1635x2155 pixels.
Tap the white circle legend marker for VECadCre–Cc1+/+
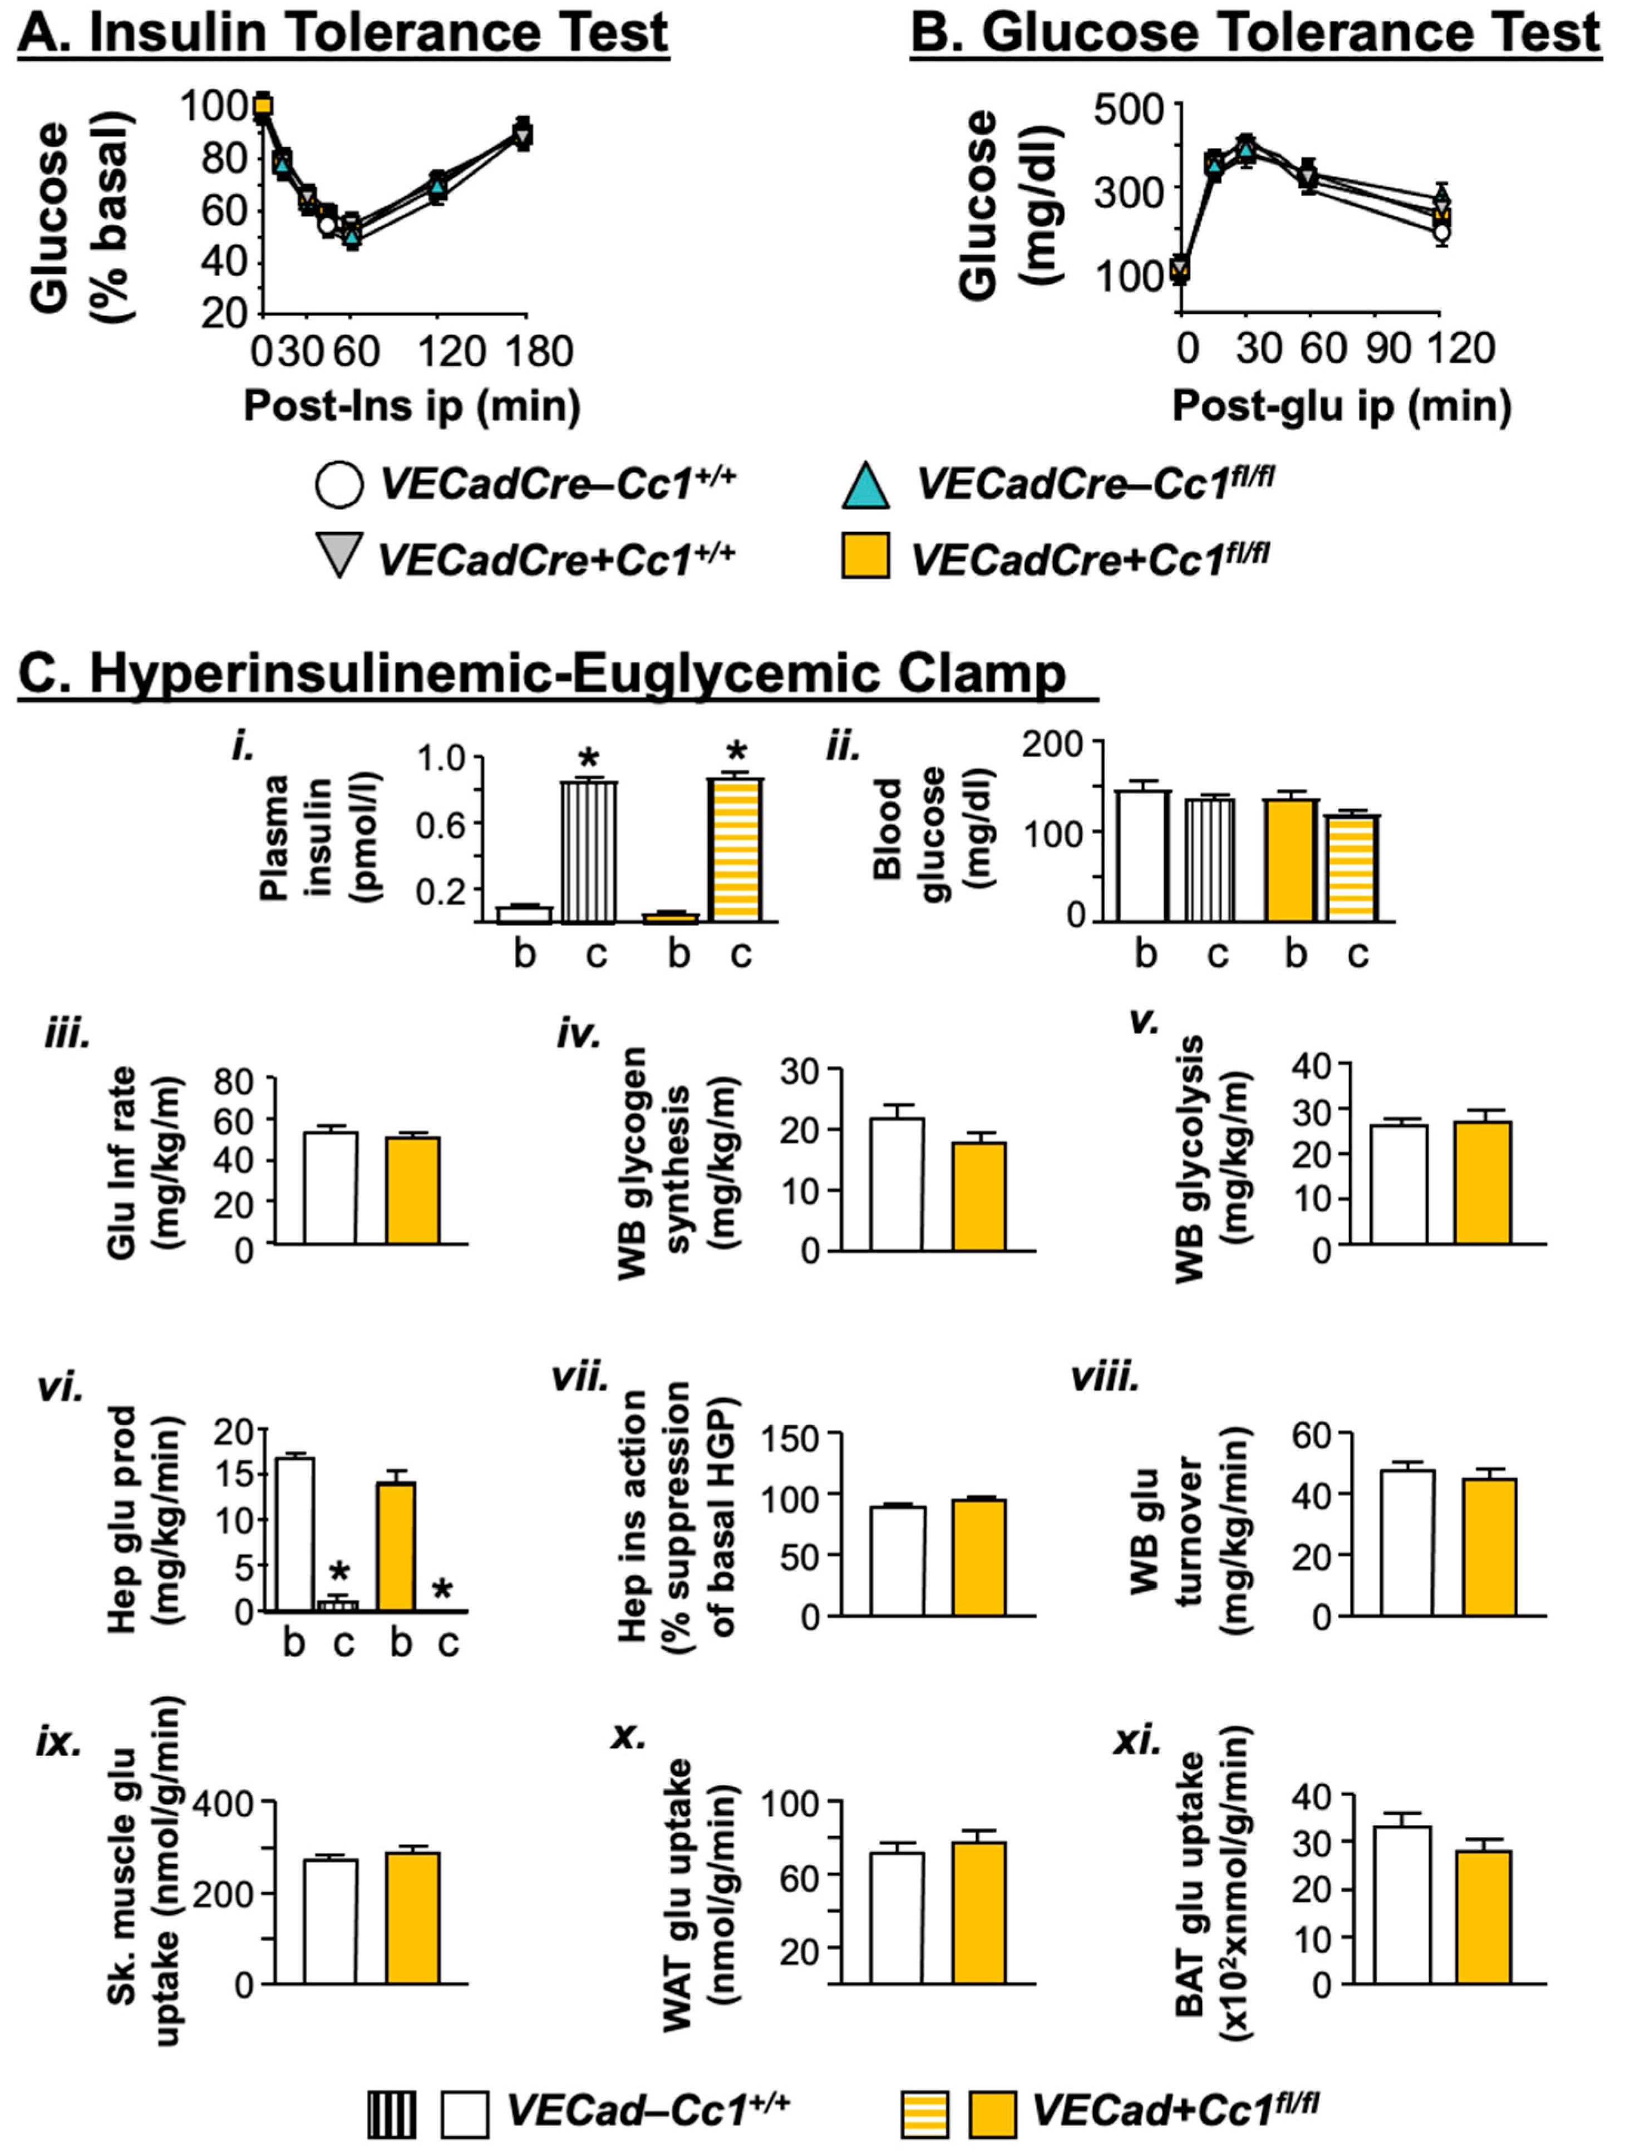pos(340,484)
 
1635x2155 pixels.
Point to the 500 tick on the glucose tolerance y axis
pos(1129,107)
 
